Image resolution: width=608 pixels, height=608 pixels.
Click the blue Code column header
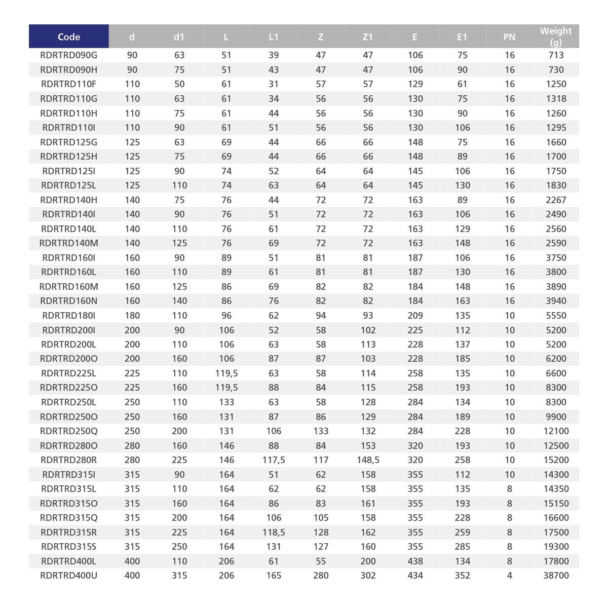69,36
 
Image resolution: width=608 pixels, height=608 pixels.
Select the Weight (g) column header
556,36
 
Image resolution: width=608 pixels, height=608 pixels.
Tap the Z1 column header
368,36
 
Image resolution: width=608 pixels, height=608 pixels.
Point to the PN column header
509,36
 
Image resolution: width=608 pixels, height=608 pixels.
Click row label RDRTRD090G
69,55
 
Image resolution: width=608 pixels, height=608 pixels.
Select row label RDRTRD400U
69,576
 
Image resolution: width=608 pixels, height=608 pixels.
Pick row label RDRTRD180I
69,316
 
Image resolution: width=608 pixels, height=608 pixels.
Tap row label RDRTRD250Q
69,431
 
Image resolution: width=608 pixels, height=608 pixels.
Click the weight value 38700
556,576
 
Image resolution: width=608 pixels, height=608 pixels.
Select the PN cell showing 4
509,576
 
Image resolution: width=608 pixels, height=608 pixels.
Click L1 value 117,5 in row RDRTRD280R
274,460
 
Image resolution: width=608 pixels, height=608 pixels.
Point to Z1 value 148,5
368,460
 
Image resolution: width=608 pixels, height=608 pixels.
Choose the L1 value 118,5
274,533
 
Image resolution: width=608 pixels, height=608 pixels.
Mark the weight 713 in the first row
556,55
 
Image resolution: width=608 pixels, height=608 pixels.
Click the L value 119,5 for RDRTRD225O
226,388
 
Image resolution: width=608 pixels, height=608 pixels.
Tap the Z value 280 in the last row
321,576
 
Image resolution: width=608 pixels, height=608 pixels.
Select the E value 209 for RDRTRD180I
415,316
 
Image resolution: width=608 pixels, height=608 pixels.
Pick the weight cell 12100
556,431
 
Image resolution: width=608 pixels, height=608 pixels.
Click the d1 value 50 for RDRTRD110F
179,84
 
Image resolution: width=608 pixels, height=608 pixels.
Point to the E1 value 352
462,576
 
